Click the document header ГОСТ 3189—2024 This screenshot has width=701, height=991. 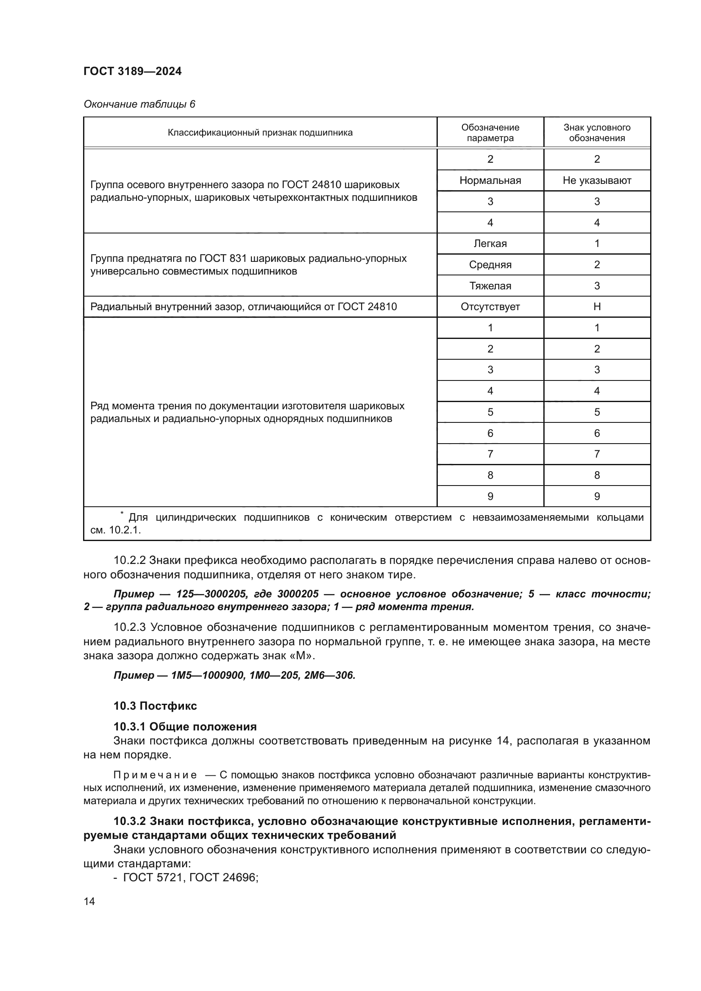click(x=132, y=71)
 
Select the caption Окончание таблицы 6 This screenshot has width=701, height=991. click(x=139, y=104)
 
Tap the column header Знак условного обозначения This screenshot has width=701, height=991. click(x=597, y=133)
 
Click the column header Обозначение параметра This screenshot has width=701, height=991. click(x=490, y=133)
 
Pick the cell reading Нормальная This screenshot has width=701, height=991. click(x=490, y=180)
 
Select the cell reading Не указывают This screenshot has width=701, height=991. click(x=597, y=180)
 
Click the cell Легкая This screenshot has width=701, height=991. click(x=490, y=244)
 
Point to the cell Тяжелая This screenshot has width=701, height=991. click(x=490, y=286)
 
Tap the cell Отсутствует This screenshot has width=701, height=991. click(x=490, y=307)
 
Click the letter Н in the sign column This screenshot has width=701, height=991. click(x=597, y=307)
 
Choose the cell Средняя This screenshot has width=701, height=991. click(x=490, y=264)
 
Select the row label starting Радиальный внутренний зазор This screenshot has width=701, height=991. click(x=243, y=307)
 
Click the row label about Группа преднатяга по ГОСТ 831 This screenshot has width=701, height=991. click(x=248, y=264)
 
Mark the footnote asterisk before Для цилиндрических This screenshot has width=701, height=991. click(x=122, y=513)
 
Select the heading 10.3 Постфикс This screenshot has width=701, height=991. click(x=155, y=706)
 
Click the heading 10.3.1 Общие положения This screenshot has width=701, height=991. click(x=185, y=727)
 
